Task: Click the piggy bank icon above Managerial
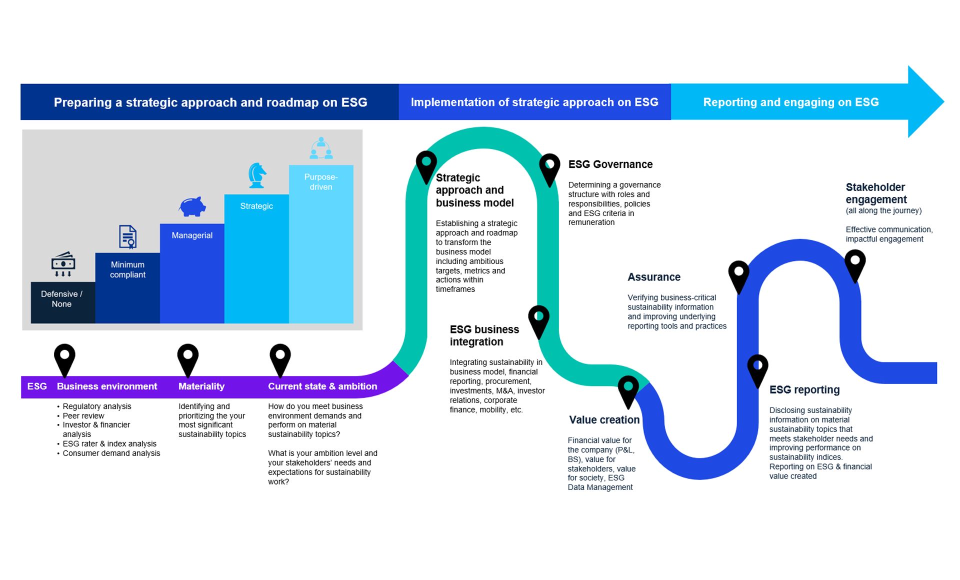click(x=192, y=206)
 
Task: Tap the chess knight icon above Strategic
click(x=257, y=175)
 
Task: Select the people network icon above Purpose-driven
click(x=321, y=148)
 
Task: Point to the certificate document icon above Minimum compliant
click(x=127, y=236)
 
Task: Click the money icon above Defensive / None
click(x=63, y=263)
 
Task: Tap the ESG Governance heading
click(x=610, y=164)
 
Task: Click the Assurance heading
click(x=653, y=277)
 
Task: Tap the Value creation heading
click(x=604, y=420)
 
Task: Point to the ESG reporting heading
click(x=804, y=390)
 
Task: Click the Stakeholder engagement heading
click(x=875, y=193)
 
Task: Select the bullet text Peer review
click(x=83, y=416)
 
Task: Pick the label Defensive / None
click(x=61, y=299)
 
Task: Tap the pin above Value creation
click(x=628, y=389)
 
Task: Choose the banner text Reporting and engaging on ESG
click(x=790, y=102)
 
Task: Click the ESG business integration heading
click(x=484, y=335)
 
